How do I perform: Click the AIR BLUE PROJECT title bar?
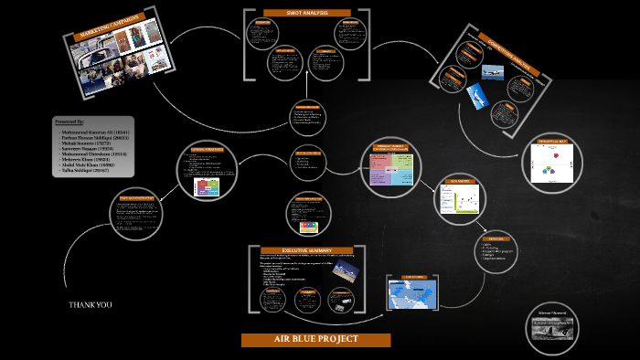pyautogui.click(x=315, y=340)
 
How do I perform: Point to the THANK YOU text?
pyautogui.click(x=91, y=305)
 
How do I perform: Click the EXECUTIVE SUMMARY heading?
pyautogui.click(x=307, y=250)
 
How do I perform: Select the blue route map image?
pyautogui.click(x=412, y=292)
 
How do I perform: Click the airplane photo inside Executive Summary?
pyautogui.click(x=346, y=270)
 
